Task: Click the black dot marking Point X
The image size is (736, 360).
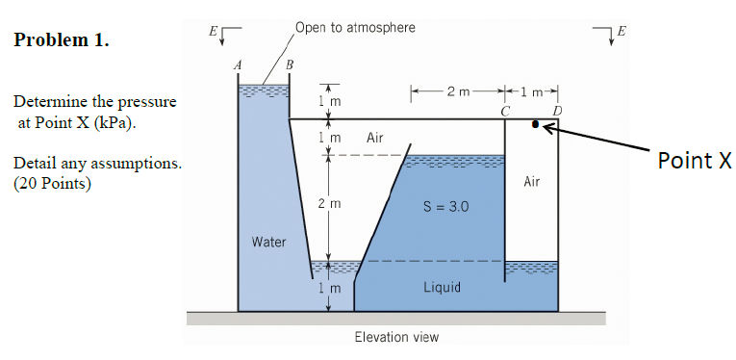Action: [x=534, y=124]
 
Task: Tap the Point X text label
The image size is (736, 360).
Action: [x=695, y=160]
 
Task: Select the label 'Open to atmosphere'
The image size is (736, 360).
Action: [x=355, y=28]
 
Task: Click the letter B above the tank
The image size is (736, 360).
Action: [x=291, y=65]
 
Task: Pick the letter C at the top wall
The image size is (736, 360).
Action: [x=504, y=110]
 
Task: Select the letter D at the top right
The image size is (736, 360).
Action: [x=556, y=110]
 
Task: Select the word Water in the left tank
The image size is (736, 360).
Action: [x=268, y=242]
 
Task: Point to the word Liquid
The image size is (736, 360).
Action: [x=442, y=287]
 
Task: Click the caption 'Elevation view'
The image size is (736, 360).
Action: [x=396, y=337]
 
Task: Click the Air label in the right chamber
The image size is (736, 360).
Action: [x=532, y=181]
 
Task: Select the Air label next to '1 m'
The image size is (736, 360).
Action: [x=375, y=138]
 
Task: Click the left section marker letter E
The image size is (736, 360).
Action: [x=214, y=32]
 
